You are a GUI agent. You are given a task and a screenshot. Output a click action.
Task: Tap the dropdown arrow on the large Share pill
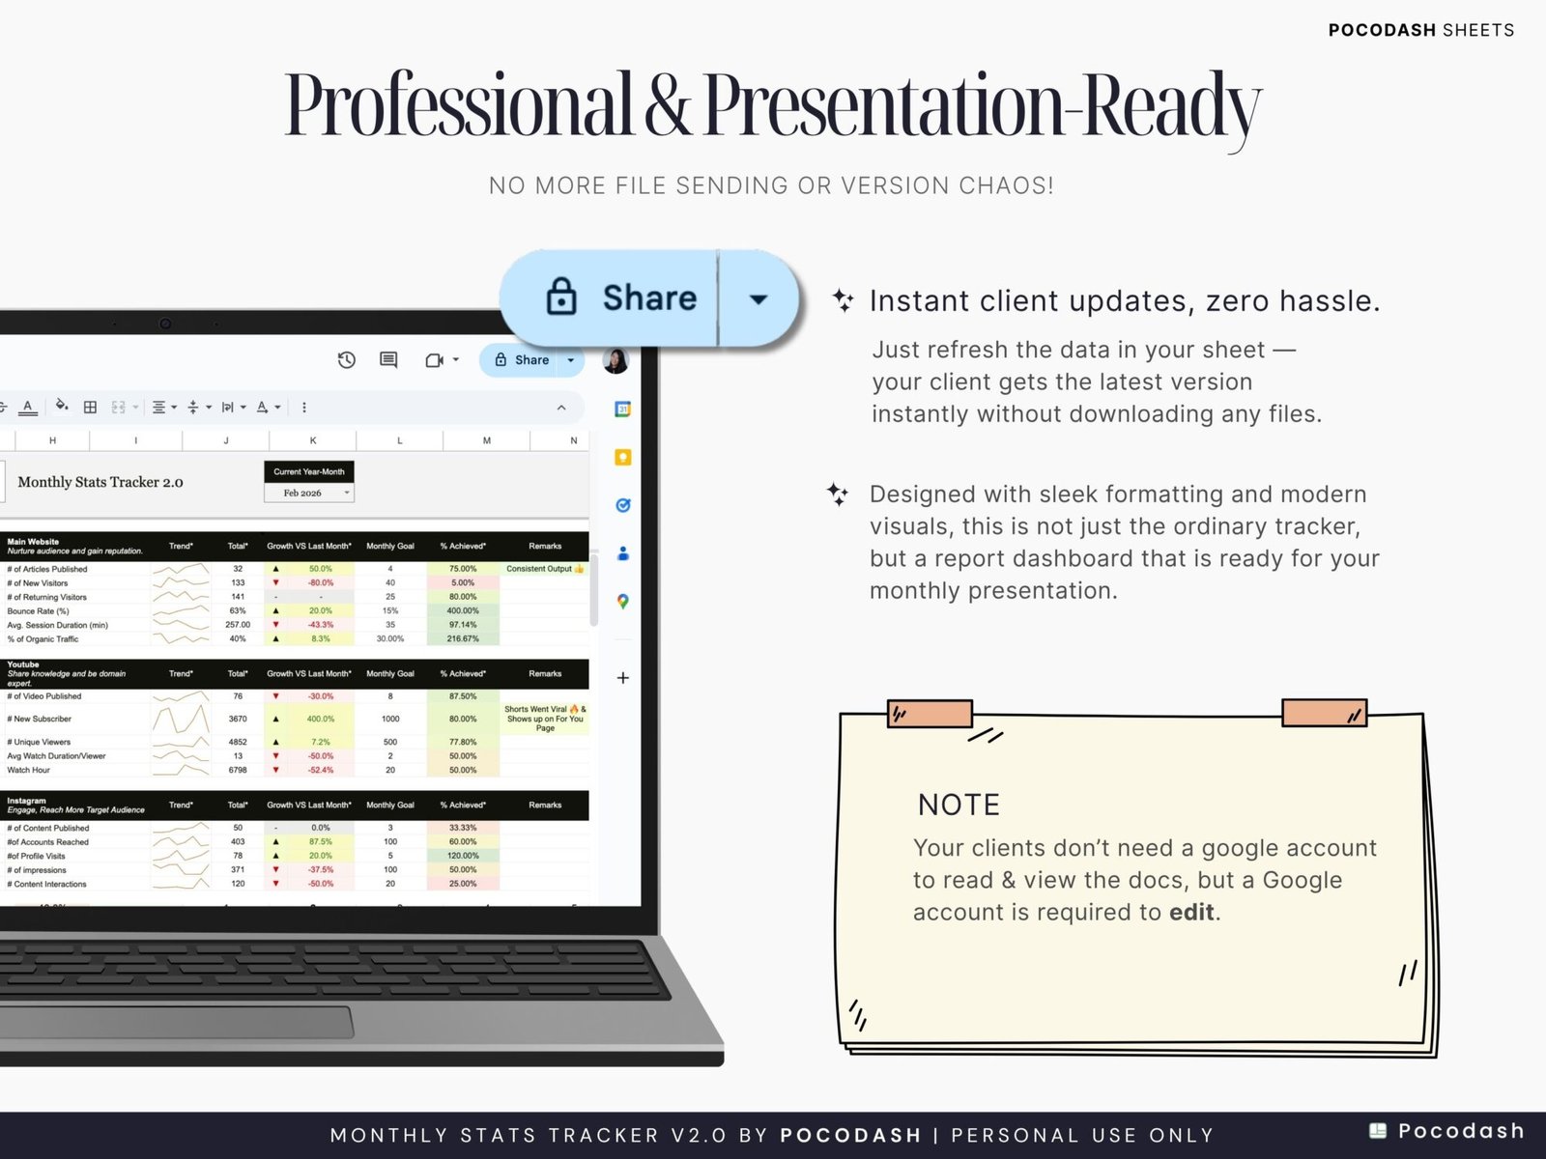[759, 298]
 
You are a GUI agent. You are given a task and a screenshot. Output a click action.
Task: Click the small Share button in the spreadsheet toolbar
[523, 360]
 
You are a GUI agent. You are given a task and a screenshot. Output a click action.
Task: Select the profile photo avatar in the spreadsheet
[616, 360]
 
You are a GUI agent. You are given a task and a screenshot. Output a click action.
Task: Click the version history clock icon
[346, 360]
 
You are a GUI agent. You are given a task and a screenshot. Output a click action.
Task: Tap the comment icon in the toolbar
[388, 360]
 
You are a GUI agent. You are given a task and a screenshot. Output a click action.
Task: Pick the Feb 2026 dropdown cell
[309, 493]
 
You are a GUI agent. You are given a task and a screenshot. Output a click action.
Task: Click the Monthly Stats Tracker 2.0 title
[100, 482]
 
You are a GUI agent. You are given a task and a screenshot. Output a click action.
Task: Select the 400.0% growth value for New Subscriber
[320, 719]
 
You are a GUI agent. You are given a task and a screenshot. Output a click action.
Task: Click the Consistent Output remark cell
[544, 569]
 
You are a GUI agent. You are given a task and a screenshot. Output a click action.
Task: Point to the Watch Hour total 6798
[238, 770]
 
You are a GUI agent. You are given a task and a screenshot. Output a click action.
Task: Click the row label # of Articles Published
[47, 569]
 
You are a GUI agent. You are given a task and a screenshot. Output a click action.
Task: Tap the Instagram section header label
[26, 801]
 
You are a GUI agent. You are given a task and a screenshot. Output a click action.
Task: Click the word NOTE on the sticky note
[959, 805]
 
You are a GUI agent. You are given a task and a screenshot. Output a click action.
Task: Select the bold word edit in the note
[1191, 912]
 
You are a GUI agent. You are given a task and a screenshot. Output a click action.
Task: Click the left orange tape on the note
[930, 714]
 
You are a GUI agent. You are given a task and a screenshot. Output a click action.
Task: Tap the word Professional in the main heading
[458, 104]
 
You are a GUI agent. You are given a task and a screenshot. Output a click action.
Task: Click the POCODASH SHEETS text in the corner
[1420, 30]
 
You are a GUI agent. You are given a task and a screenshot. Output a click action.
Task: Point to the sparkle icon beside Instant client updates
[843, 300]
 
